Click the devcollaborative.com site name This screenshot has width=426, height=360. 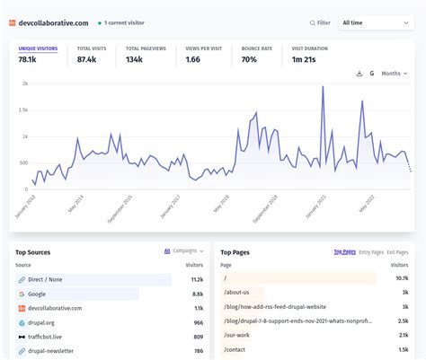coord(54,22)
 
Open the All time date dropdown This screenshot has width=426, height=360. coord(377,22)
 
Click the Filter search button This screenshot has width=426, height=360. coord(320,22)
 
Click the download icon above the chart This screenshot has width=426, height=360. coord(359,74)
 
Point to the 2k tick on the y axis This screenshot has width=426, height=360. coord(24,83)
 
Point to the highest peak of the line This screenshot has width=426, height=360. coord(322,87)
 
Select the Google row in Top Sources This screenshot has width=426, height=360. coord(38,294)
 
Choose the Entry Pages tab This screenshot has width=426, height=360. coord(371,252)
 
